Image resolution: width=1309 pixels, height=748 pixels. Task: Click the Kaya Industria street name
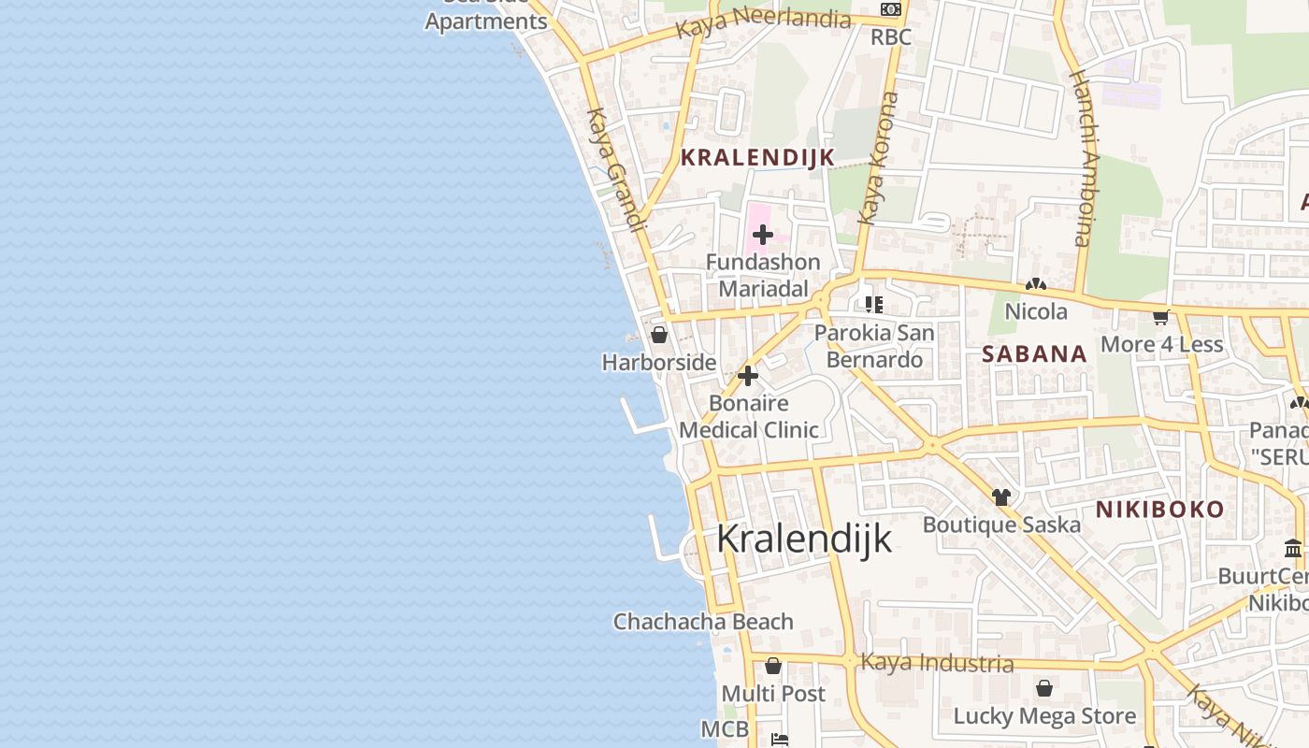tap(936, 663)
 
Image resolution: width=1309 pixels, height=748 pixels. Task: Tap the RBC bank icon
tap(891, 9)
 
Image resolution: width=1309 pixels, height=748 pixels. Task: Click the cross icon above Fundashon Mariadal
tap(763, 235)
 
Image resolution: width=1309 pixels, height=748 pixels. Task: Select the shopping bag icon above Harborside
tap(659, 335)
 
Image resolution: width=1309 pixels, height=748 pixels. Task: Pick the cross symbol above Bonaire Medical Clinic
tap(748, 376)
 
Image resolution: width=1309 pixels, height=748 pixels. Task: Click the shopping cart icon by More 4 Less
tap(1161, 318)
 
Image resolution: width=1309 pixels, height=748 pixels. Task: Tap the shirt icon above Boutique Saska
tap(1001, 496)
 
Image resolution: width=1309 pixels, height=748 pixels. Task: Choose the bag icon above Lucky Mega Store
tap(1044, 689)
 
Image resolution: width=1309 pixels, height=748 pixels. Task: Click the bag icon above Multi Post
tap(773, 667)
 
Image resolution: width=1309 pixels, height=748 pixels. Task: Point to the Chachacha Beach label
tap(703, 622)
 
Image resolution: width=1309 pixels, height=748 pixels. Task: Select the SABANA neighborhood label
tap(1034, 353)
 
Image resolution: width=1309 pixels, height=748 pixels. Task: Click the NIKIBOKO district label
tap(1159, 510)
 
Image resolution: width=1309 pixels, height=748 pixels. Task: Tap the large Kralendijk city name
tap(804, 539)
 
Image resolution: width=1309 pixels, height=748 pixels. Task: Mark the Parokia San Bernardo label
tap(874, 346)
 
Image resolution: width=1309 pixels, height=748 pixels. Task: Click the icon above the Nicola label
tap(1036, 284)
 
